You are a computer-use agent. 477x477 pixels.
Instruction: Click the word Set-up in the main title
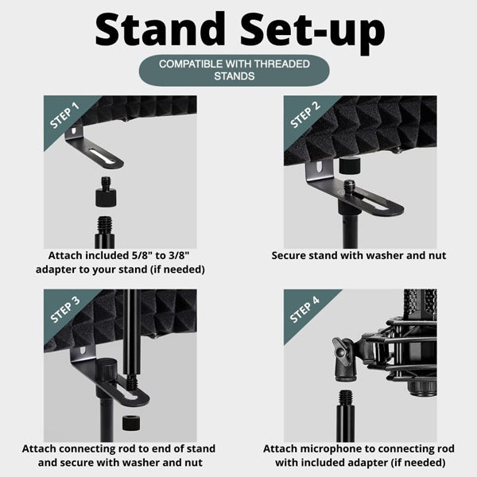pyautogui.click(x=316, y=29)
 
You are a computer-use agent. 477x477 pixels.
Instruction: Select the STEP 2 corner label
pyautogui.click(x=305, y=116)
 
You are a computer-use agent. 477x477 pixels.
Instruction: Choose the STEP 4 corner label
pyautogui.click(x=305, y=310)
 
